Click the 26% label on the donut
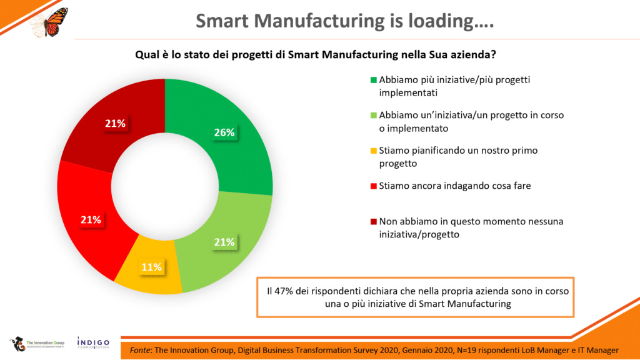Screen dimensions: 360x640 [224, 132]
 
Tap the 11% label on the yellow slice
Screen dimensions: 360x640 [151, 267]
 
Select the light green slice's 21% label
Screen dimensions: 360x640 [224, 242]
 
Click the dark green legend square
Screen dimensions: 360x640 [374, 80]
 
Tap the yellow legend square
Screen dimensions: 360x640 [374, 151]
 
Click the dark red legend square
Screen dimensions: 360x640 [374, 221]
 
